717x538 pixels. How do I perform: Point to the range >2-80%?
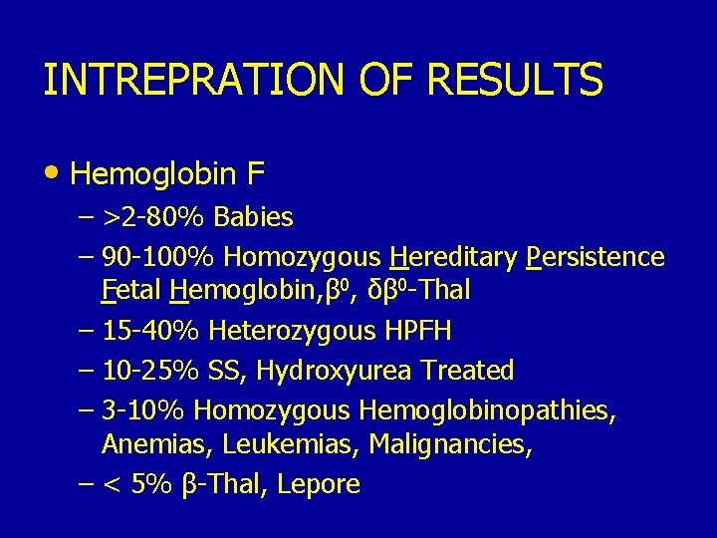pos(151,216)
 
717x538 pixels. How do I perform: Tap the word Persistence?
pos(595,257)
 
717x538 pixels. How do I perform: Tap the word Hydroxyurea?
pos(336,371)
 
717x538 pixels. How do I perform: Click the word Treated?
pos(467,371)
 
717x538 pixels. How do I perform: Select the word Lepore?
pos(319,485)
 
